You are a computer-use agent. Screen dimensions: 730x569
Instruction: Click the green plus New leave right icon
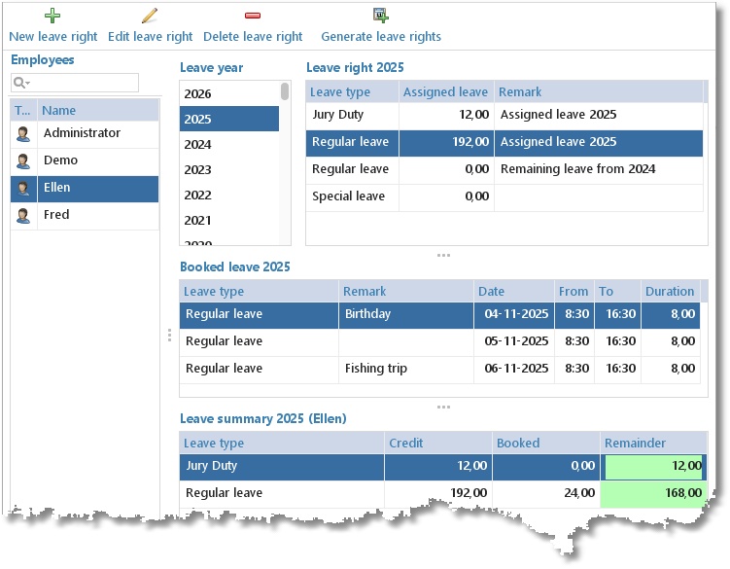pos(52,16)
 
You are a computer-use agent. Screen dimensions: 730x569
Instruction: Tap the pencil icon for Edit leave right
pos(150,16)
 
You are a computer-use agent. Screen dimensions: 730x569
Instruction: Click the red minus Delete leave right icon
pos(253,16)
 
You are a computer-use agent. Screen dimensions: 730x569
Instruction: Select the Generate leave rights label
pos(381,36)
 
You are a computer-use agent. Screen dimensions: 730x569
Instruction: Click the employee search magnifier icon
pos(19,83)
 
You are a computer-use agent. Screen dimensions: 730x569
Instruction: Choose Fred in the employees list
pos(56,214)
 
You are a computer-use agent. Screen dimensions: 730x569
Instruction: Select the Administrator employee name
pos(82,133)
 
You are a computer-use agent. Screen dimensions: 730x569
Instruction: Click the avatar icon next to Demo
pos(23,160)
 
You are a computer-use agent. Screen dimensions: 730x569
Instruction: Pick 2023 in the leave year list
pos(197,169)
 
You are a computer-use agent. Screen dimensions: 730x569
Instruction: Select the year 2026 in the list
pos(197,93)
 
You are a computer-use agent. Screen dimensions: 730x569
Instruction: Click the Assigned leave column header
pos(445,91)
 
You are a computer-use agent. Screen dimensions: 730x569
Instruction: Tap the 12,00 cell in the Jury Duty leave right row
pos(474,115)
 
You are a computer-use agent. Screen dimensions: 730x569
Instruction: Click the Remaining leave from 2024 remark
pos(577,168)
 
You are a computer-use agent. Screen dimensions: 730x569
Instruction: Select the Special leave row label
pos(348,196)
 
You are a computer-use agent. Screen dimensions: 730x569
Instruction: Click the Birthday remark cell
pos(367,314)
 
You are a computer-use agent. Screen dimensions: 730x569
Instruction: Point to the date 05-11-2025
pos(516,341)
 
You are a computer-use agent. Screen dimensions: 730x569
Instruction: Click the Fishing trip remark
pos(376,369)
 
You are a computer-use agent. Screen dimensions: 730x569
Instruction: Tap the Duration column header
pos(670,291)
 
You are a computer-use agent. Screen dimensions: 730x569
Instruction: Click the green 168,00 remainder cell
pos(653,493)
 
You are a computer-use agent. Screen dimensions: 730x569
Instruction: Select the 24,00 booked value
pos(579,492)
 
